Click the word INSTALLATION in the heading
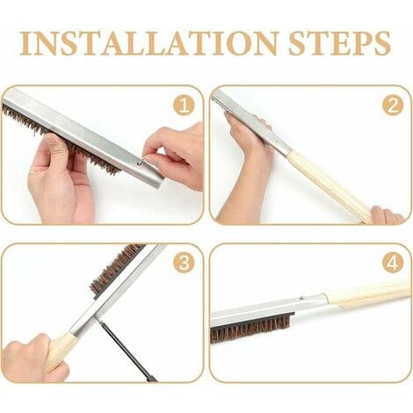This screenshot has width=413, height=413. [x=149, y=43]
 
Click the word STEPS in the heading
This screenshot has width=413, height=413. [x=340, y=43]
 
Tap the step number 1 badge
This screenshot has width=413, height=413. [x=184, y=105]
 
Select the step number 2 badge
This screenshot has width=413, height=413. [x=393, y=105]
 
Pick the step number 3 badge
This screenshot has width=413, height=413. [x=184, y=263]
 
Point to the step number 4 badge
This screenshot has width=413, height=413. [x=393, y=263]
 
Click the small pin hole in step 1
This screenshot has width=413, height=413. [x=139, y=163]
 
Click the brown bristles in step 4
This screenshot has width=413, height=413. [x=252, y=328]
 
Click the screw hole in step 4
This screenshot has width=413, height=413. [x=301, y=299]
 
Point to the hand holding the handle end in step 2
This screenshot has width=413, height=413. [x=387, y=215]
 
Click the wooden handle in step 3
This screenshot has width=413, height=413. [x=60, y=351]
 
